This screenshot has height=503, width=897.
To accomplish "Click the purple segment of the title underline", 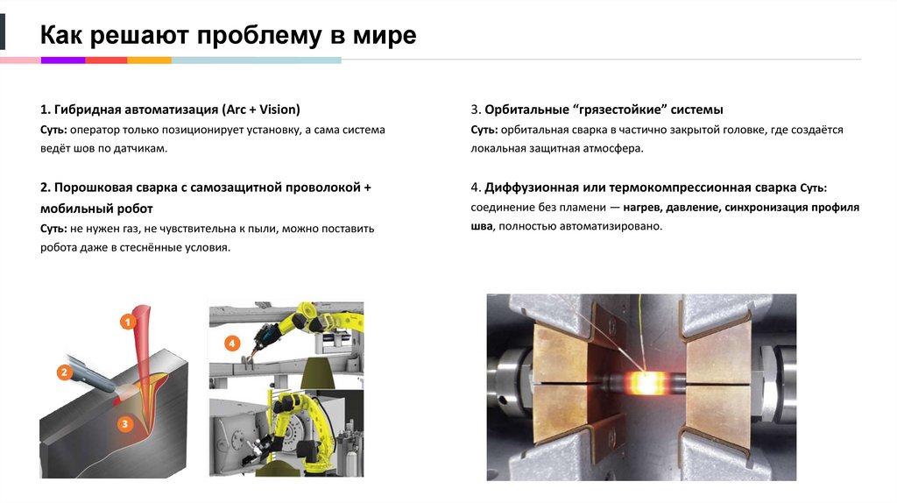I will pyautogui.click(x=62, y=60).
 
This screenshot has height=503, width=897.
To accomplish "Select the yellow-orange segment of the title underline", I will pyautogui.click(x=149, y=60).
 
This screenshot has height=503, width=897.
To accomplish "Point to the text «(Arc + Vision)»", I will pyautogui.click(x=260, y=110).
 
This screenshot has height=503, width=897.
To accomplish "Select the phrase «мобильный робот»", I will pyautogui.click(x=96, y=209).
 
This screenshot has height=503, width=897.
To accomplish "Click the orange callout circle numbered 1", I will pyautogui.click(x=128, y=322).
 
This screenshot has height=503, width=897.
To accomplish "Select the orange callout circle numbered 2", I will pyautogui.click(x=63, y=372).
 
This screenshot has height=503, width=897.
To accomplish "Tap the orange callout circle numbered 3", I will pyautogui.click(x=125, y=424).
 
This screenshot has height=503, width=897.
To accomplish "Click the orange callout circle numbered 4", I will pyautogui.click(x=231, y=344).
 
